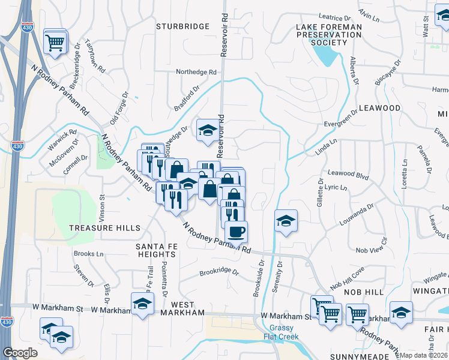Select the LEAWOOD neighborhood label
pyautogui.click(x=379, y=108)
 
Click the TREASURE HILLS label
pyautogui.click(x=104, y=228)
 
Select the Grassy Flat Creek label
pyautogui.click(x=281, y=332)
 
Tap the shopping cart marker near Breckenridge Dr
pyautogui.click(x=55, y=41)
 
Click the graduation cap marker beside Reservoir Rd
pyautogui.click(x=207, y=130)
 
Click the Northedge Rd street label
pyautogui.click(x=196, y=72)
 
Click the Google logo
pyautogui.click(x=20, y=353)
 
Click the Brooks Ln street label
pyautogui.click(x=84, y=254)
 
